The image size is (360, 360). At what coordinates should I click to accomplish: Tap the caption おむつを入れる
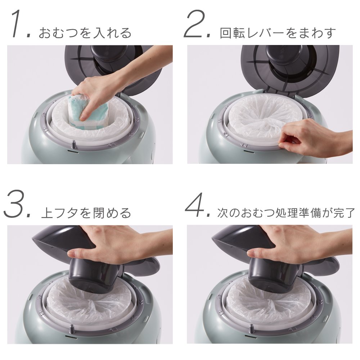click(x=85, y=33)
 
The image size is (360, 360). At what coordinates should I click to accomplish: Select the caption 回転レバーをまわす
click(x=278, y=33)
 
